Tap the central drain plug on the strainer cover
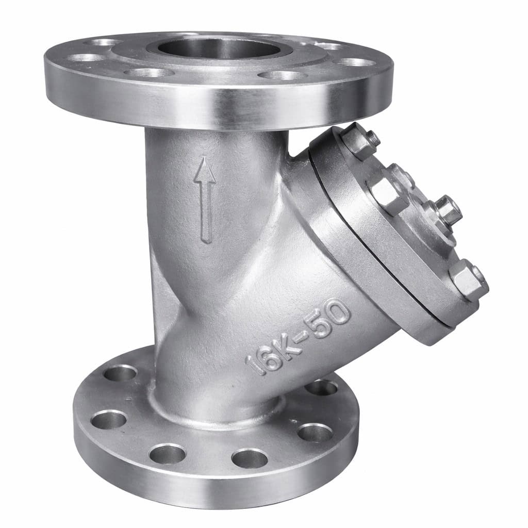[x=447, y=211]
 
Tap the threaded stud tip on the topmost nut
[x=373, y=138]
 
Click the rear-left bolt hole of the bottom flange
[x=121, y=373]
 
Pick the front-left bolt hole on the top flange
[x=149, y=73]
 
